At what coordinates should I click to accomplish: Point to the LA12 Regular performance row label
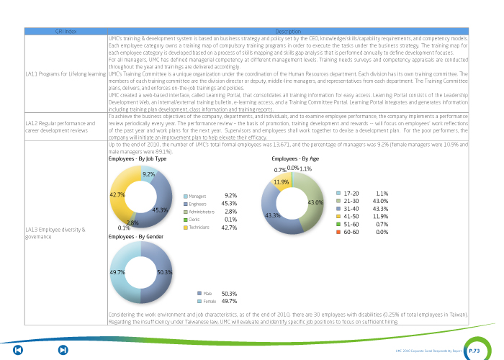coord(56,127)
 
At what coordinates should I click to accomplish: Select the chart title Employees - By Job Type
coord(137,158)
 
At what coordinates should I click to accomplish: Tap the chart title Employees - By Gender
coord(135,236)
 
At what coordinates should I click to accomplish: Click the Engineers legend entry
coord(198,204)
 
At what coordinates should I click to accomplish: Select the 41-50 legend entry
coord(351,216)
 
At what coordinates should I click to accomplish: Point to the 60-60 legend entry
coord(351,232)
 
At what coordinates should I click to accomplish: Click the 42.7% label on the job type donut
coord(117,194)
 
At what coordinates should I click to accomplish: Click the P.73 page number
coord(474,350)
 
